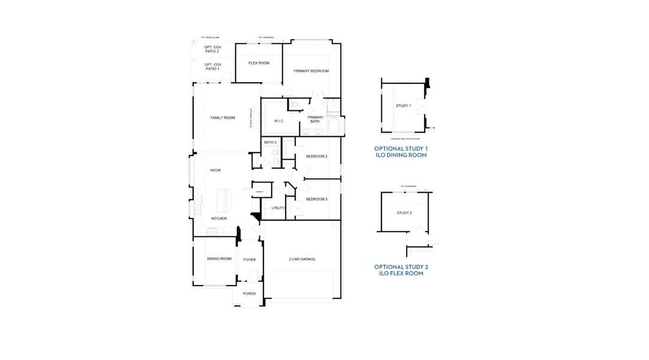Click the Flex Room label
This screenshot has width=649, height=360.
pos(259,63)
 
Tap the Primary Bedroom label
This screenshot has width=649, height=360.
pos(311,71)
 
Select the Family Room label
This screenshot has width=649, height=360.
pos(223,118)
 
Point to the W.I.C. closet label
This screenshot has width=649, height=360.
pos(279,121)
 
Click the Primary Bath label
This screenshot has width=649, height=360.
pos(315,119)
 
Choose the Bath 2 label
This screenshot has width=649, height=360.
pos(270,142)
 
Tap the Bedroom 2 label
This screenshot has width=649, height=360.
pos(317,156)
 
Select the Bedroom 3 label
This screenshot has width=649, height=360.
pos(317,199)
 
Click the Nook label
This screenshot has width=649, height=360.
pos(215,170)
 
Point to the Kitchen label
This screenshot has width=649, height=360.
pos(218,218)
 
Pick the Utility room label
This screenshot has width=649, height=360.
pos(278,208)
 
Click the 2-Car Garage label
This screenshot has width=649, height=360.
pos(302,259)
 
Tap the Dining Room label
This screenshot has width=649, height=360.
pos(219,259)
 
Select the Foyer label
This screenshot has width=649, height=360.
pos(249,260)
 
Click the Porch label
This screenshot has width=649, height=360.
pos(249,293)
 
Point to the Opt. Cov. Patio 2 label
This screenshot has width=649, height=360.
pos(212,49)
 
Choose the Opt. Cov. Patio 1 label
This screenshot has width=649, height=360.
pos(212,67)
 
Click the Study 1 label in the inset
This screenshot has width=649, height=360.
pos(403,106)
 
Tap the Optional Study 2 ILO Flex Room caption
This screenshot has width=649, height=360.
pos(401,270)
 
